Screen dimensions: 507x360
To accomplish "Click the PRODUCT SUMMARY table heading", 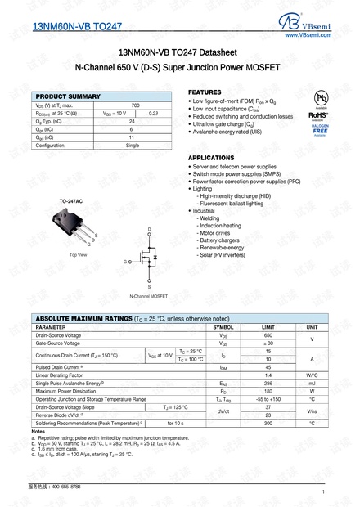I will coord(68,96).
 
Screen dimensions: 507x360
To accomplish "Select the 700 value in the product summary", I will coord(135,105).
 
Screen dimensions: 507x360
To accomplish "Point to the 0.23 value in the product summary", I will coord(153,114).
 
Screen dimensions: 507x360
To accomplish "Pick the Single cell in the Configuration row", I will coord(133,145).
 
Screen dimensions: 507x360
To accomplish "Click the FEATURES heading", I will coord(205,92).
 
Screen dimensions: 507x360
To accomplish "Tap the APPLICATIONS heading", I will coord(212,157).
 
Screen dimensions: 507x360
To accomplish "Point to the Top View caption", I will coord(79,255).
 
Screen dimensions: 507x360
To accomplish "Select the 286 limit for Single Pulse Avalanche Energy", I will coord(268,383).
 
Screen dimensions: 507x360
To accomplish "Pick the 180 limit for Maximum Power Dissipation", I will coord(268,391).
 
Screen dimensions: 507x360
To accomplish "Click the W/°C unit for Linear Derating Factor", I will coord(311,375).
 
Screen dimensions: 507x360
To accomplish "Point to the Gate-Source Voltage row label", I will coord(58,343).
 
